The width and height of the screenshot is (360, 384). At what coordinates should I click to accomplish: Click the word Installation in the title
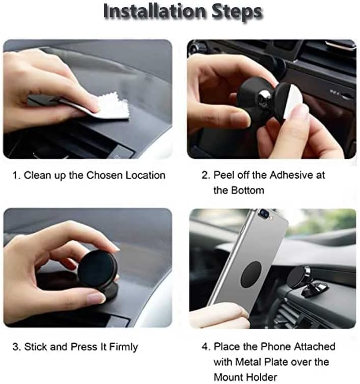coord(154,11)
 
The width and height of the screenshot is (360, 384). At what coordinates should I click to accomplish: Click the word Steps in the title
coord(237,12)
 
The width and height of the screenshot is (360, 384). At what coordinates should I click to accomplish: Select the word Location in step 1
coord(146,175)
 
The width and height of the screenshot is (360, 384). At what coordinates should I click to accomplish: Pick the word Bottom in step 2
coord(247,190)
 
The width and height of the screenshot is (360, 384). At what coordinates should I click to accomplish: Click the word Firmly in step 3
coord(123,347)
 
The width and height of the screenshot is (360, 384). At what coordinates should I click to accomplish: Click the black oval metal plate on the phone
coord(251,275)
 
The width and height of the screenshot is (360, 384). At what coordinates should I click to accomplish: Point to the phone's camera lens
coord(264,212)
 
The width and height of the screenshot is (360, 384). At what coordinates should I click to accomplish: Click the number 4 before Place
coord(205,347)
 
